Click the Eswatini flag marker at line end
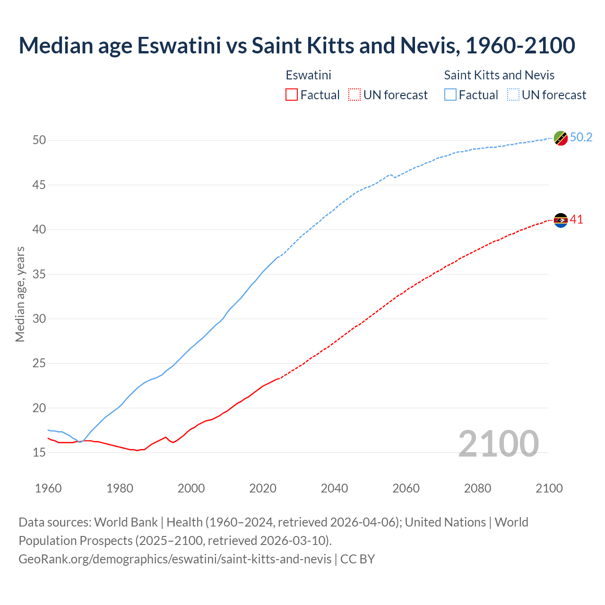coord(561,220)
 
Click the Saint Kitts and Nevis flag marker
coord(561,138)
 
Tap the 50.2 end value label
coord(581,137)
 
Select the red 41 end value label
coord(577,219)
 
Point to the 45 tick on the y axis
coord(39,185)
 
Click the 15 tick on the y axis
coord(39,452)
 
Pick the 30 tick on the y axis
coord(39,319)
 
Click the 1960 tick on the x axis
coord(48,488)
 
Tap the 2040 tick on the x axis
coord(334,488)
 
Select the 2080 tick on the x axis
coord(477,488)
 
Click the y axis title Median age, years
coord(20,294)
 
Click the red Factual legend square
coord(292,95)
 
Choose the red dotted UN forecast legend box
coord(354,95)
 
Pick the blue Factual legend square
coord(450,95)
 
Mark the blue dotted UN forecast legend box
coord(513,95)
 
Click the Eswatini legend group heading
coord(308,75)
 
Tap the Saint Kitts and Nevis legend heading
coord(499,75)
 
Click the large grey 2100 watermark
coord(498,443)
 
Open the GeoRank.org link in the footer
coord(175,559)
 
